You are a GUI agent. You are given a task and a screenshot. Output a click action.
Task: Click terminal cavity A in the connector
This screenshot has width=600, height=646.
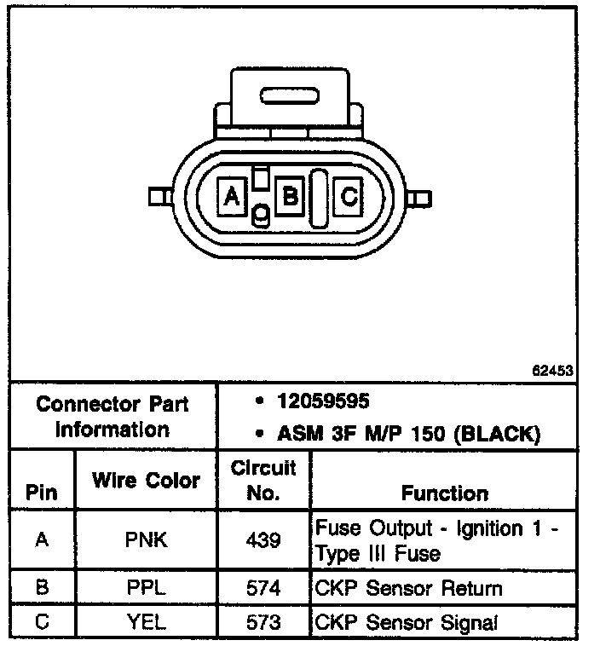[230, 197]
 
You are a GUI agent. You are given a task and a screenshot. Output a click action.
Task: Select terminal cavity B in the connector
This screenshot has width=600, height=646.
[291, 197]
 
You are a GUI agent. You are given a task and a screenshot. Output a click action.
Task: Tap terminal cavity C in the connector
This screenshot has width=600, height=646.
[349, 197]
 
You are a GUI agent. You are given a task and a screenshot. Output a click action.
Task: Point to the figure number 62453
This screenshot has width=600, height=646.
[552, 372]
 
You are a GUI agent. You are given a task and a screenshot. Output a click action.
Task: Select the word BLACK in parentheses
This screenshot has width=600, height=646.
[498, 434]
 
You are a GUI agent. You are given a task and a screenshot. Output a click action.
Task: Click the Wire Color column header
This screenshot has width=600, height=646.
[146, 480]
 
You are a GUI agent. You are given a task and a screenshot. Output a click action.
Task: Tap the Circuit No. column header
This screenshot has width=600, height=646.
[263, 480]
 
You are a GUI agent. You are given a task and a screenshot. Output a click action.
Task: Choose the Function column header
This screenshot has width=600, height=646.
[444, 493]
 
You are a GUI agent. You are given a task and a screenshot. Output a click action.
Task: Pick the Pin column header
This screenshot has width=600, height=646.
[43, 493]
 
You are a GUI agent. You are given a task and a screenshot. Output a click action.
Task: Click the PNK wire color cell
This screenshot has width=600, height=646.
[146, 540]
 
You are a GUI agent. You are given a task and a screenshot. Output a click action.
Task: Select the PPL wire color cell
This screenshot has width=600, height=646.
[146, 589]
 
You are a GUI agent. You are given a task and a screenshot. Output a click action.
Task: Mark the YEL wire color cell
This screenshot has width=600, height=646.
[146, 623]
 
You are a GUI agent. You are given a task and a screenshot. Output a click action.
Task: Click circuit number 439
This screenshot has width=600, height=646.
[263, 540]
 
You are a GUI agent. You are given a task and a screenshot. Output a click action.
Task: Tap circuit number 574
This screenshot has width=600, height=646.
[263, 589]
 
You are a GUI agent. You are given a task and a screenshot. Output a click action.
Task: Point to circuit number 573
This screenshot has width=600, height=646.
[263, 623]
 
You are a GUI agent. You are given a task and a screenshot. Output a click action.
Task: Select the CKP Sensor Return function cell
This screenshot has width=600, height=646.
[420, 589]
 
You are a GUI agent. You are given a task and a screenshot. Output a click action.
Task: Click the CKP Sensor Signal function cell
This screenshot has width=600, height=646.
[420, 623]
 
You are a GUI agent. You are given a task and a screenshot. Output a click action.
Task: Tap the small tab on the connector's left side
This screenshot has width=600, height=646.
[157, 197]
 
